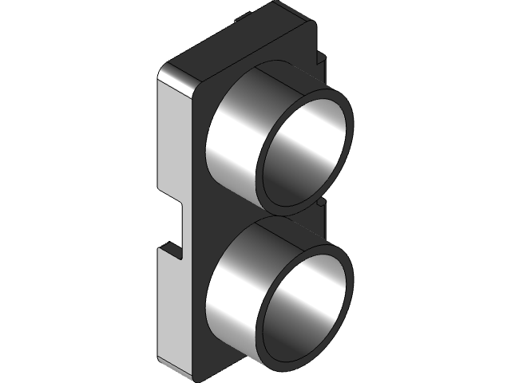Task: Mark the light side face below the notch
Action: point(174,311)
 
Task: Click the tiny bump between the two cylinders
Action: point(320,203)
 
